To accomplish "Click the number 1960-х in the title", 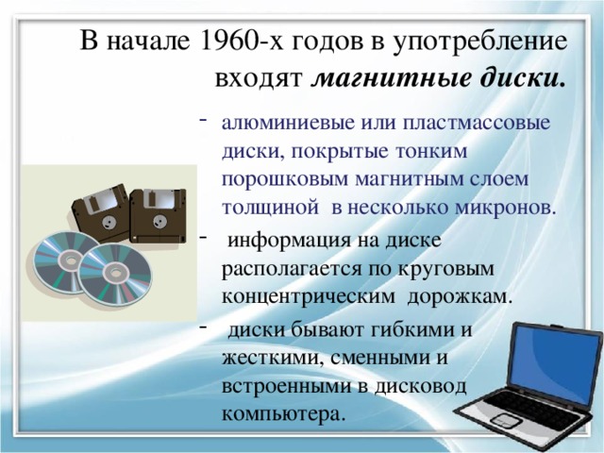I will tap(233, 41).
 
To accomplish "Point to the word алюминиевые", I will tap(279, 124).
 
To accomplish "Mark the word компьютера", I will tap(282, 414).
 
